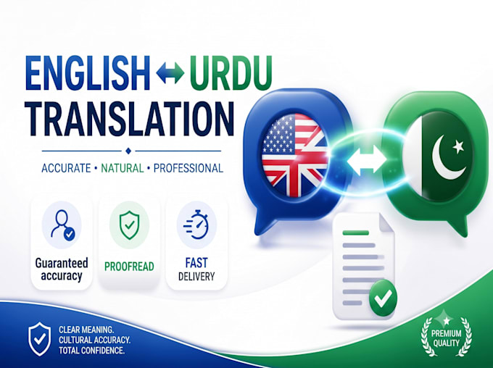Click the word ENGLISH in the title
(x=87, y=73)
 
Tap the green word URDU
(x=231, y=73)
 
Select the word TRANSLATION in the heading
(x=130, y=119)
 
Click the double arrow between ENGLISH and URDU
(x=170, y=73)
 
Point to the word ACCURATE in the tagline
(x=66, y=169)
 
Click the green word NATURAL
(x=123, y=169)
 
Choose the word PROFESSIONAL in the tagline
(x=188, y=169)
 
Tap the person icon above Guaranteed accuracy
(x=62, y=225)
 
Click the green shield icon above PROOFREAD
(x=129, y=225)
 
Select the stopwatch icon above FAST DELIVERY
(x=196, y=225)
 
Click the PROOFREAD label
(x=129, y=267)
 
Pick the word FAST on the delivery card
(x=196, y=262)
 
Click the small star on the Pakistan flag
(x=458, y=146)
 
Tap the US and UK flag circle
(x=294, y=155)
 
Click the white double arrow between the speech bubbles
(x=367, y=159)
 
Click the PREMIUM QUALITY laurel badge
(x=446, y=336)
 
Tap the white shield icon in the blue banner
(x=40, y=339)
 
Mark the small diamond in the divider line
(x=128, y=151)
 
